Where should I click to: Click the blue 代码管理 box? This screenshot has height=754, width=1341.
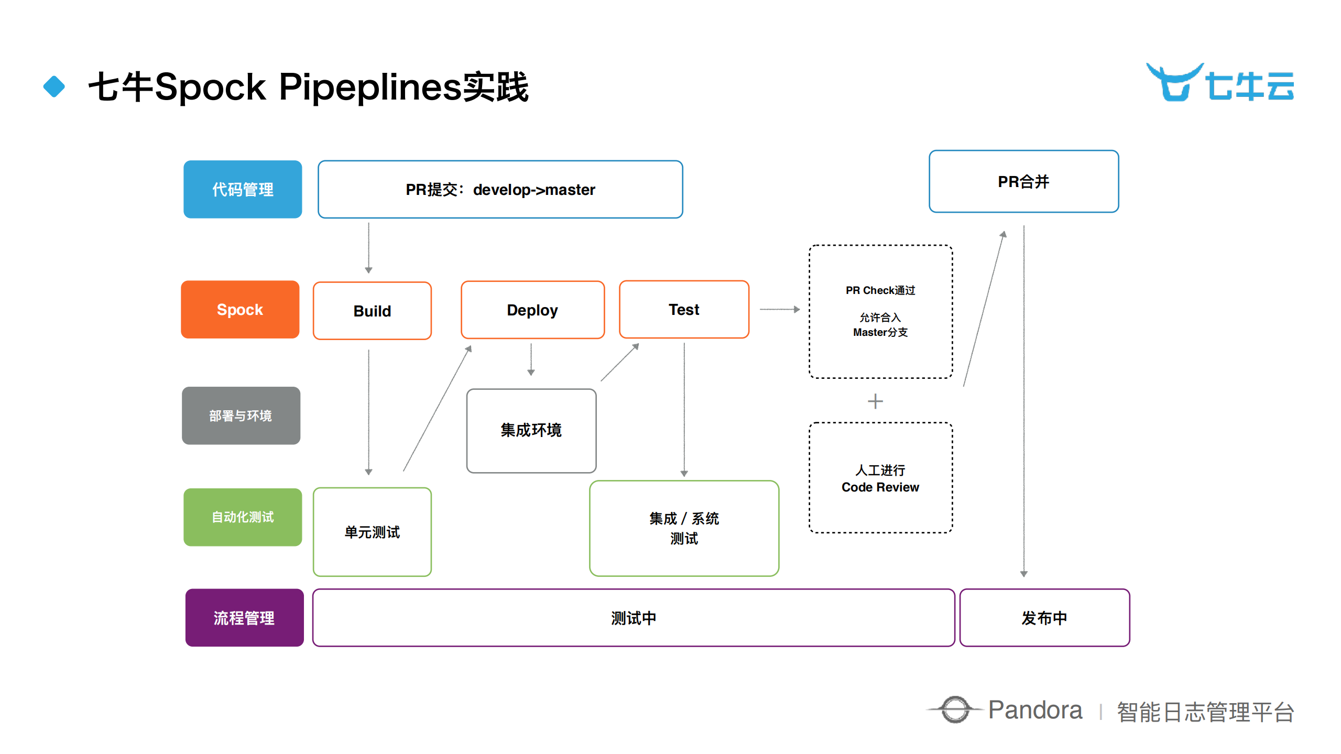pos(242,189)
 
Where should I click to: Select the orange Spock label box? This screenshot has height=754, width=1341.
pos(240,309)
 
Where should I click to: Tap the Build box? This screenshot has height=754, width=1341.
pos(372,311)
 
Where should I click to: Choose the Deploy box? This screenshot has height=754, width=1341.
pos(532,310)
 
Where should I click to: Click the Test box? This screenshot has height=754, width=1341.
pos(684,309)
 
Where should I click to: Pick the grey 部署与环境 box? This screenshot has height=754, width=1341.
pos(241,416)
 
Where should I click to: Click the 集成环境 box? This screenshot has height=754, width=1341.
pos(531,430)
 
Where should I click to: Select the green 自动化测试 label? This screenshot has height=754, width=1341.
pos(242,517)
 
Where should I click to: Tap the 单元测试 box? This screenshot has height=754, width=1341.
pos(372,532)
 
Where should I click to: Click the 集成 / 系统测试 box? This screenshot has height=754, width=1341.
pos(684,528)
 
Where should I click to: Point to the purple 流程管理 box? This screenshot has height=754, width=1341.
pos(244,618)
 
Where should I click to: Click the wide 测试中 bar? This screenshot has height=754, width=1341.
pos(633,618)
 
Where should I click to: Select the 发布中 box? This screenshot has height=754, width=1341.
pos(1044,618)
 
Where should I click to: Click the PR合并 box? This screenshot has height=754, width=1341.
pos(1023,181)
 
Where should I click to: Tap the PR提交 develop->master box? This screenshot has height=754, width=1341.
pos(500,189)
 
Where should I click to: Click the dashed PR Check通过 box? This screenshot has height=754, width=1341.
pos(880,311)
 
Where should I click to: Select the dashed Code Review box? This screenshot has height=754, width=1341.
pos(880,478)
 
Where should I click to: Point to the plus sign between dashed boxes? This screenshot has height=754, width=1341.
pos(875,401)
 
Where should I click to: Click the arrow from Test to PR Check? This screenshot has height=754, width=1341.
pos(779,309)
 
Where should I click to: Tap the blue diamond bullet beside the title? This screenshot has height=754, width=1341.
pos(54,86)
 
